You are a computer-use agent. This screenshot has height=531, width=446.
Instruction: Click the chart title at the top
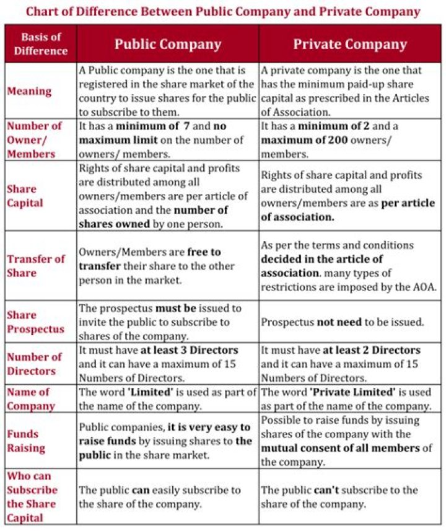223,11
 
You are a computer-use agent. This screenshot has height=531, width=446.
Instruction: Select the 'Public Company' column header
167,44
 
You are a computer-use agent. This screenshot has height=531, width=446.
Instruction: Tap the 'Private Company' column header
350,44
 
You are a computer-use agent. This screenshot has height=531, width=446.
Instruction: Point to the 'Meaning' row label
29,91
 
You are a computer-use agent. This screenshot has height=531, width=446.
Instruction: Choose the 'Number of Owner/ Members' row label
35,139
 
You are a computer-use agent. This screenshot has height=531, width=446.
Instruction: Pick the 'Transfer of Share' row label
35,265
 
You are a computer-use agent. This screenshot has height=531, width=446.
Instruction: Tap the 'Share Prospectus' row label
35,322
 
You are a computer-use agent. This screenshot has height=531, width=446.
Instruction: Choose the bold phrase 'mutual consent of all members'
340,448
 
